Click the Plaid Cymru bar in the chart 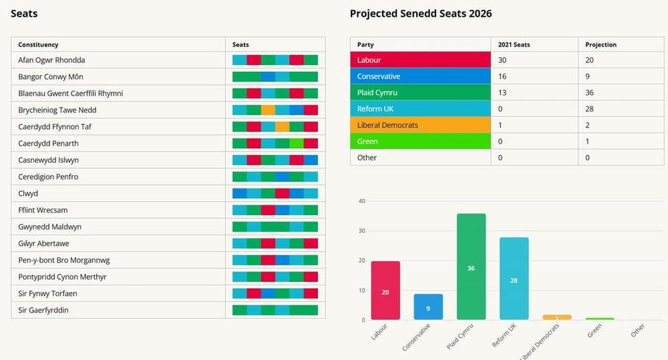[471, 267]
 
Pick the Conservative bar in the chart [428, 307]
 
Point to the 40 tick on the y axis [361, 201]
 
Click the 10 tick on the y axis [361, 291]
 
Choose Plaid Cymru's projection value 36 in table [590, 93]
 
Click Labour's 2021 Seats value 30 [503, 60]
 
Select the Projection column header [601, 45]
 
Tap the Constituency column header [38, 45]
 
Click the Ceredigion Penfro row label [49, 177]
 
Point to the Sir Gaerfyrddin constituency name [43, 311]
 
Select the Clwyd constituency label [28, 194]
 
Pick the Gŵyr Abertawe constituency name [43, 244]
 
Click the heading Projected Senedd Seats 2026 [421, 13]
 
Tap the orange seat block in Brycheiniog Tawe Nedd [268, 110]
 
